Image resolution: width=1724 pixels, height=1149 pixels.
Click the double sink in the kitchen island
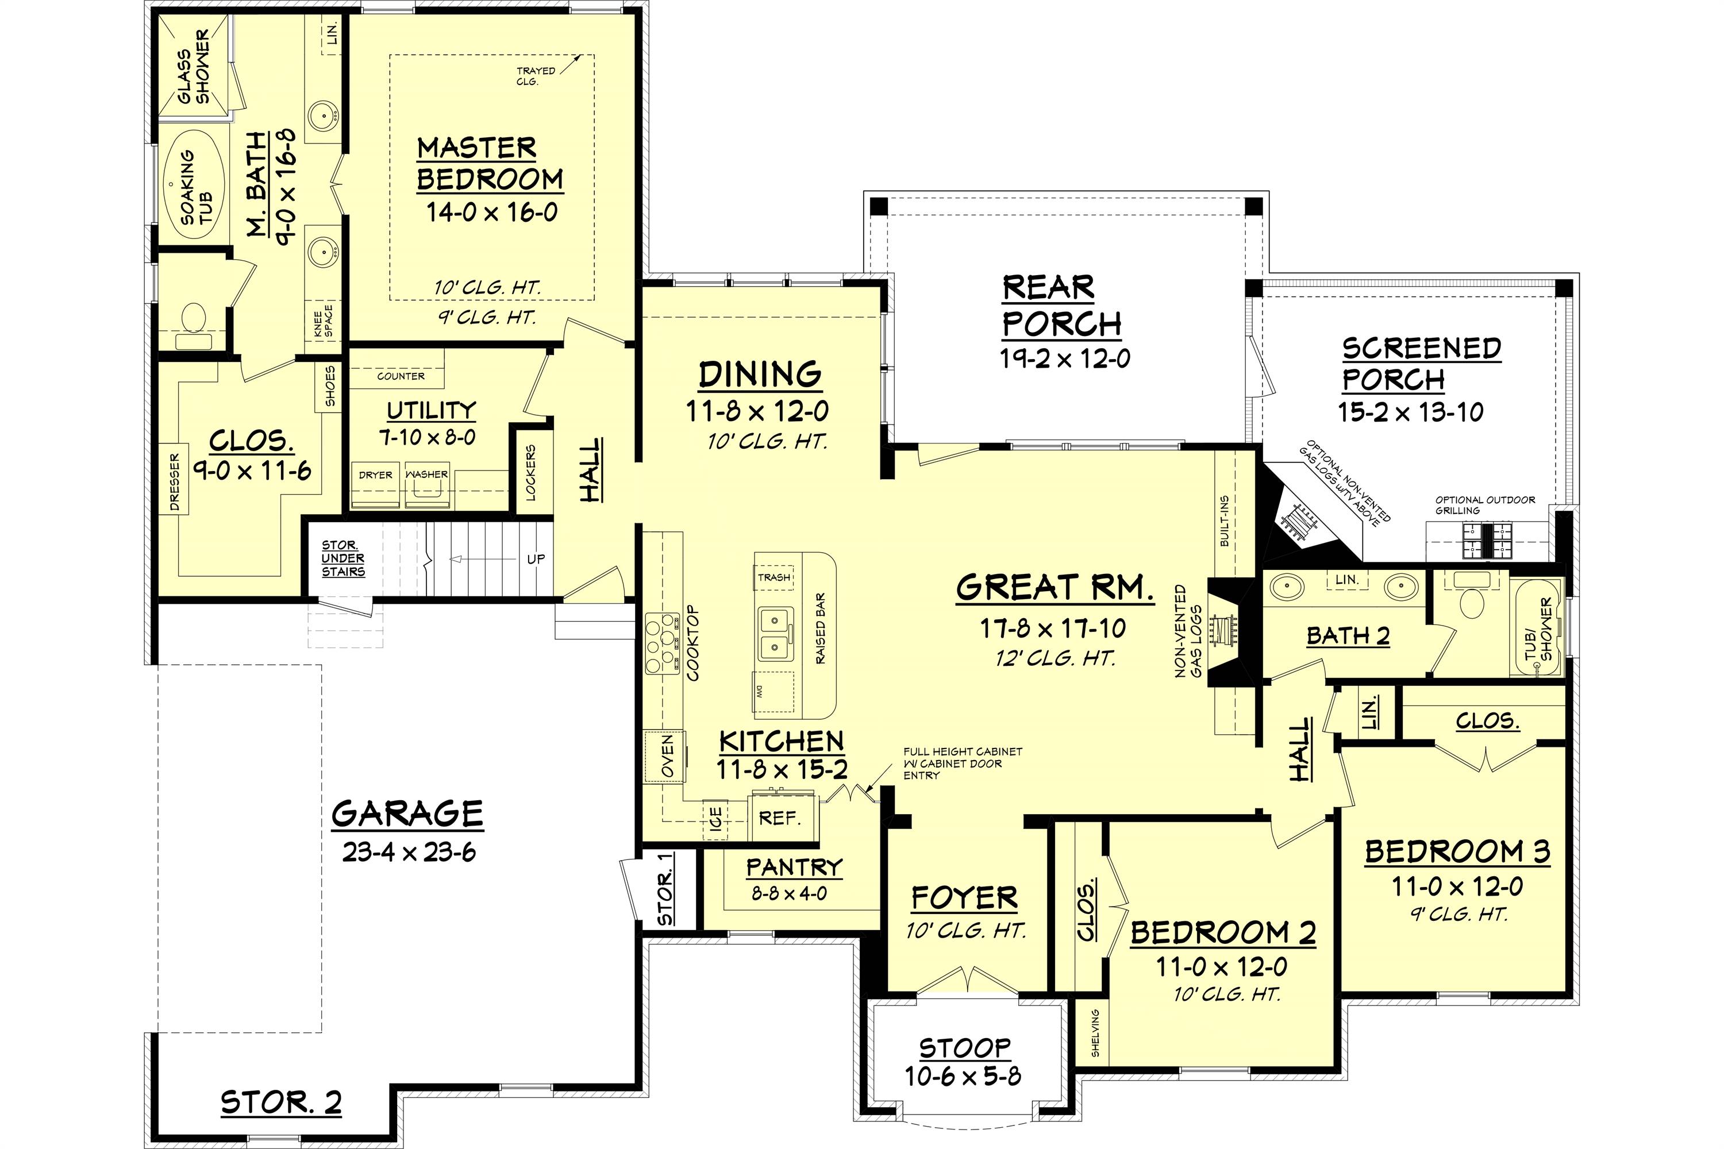(775, 634)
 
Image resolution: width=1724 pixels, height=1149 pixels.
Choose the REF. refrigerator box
(779, 818)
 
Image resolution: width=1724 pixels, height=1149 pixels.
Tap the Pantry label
(794, 867)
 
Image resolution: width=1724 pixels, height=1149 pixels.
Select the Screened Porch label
(1421, 364)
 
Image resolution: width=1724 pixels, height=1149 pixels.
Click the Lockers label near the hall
(530, 473)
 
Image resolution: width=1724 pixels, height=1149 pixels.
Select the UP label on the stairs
(536, 559)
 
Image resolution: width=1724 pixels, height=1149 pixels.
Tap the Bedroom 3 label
(1457, 851)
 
